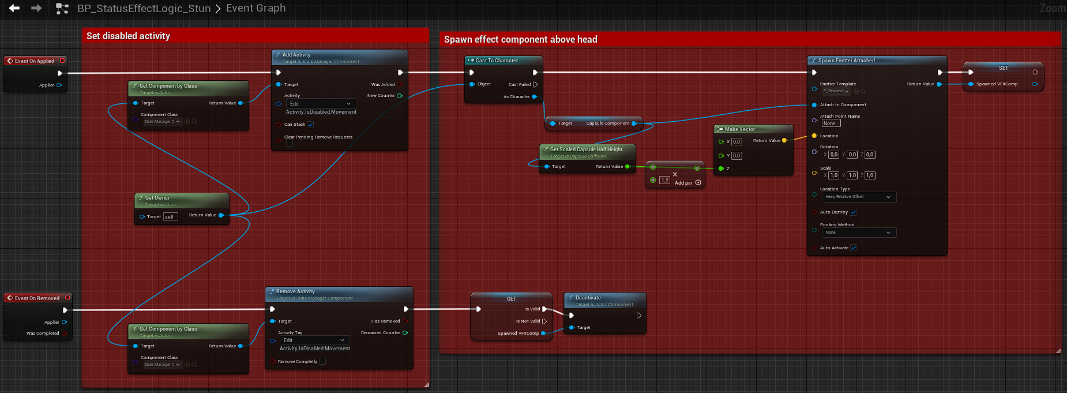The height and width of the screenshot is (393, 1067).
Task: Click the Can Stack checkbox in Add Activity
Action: (310, 125)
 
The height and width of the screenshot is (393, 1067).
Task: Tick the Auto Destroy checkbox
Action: (853, 212)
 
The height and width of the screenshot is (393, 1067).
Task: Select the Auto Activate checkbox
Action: (854, 248)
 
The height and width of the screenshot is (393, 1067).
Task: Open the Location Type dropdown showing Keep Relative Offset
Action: (858, 197)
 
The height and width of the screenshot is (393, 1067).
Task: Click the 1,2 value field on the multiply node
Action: (665, 181)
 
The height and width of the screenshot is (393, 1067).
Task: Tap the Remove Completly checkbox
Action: (322, 362)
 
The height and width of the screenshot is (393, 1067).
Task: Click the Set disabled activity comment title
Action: (128, 36)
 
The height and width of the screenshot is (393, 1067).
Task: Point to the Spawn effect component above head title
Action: (520, 39)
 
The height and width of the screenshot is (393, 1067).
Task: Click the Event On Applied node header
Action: (35, 61)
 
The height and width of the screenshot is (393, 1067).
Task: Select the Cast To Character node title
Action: (497, 61)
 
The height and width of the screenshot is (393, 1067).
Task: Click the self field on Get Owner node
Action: (170, 217)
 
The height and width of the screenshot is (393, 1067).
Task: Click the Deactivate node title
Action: (588, 298)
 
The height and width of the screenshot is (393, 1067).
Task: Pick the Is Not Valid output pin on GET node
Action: (544, 321)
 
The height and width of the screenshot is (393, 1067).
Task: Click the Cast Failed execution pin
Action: (535, 85)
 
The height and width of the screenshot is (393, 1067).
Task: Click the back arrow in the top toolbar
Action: (14, 8)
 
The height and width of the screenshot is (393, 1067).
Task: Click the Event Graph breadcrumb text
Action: (256, 8)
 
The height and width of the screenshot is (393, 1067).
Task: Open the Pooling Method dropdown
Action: (858, 233)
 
